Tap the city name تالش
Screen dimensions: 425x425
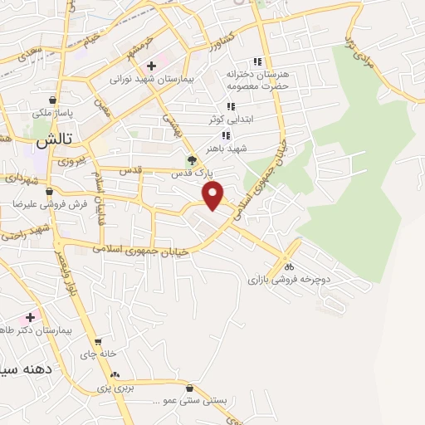51,142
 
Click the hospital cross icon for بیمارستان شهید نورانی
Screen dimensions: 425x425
151,66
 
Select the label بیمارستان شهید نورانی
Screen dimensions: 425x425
152,80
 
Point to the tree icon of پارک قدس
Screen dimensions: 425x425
192,160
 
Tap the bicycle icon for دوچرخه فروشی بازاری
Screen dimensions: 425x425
289,266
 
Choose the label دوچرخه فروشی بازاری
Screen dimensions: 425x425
289,280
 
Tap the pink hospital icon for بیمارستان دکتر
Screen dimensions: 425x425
31,317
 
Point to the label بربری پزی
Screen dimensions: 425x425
113,387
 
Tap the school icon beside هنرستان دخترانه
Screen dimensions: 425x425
257,61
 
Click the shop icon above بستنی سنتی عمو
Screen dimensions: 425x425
190,388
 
